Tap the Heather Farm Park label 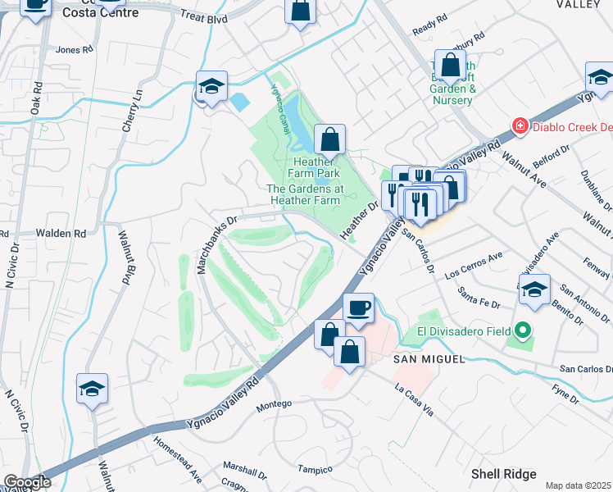[316, 168]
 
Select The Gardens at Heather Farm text [303, 194]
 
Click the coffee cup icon [358, 308]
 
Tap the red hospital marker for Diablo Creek [519, 125]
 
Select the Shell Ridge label [503, 474]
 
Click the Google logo [27, 482]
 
